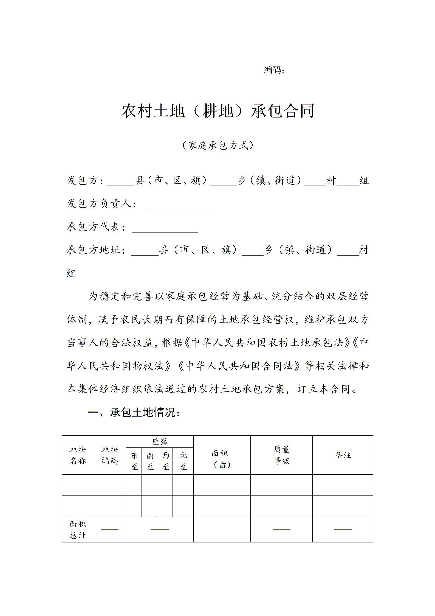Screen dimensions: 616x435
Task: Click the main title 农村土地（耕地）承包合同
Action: point(218,111)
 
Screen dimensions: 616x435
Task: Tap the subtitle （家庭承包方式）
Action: point(218,145)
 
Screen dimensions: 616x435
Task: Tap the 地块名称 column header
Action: point(78,455)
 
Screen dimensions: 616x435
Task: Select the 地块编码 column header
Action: point(109,455)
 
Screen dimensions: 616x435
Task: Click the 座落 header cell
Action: point(160,442)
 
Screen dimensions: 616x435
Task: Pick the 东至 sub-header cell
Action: point(134,461)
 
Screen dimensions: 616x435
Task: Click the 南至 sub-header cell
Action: point(149,461)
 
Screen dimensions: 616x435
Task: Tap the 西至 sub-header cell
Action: point(165,461)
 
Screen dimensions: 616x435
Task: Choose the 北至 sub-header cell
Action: point(183,461)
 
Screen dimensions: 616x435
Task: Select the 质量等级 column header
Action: point(281,455)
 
